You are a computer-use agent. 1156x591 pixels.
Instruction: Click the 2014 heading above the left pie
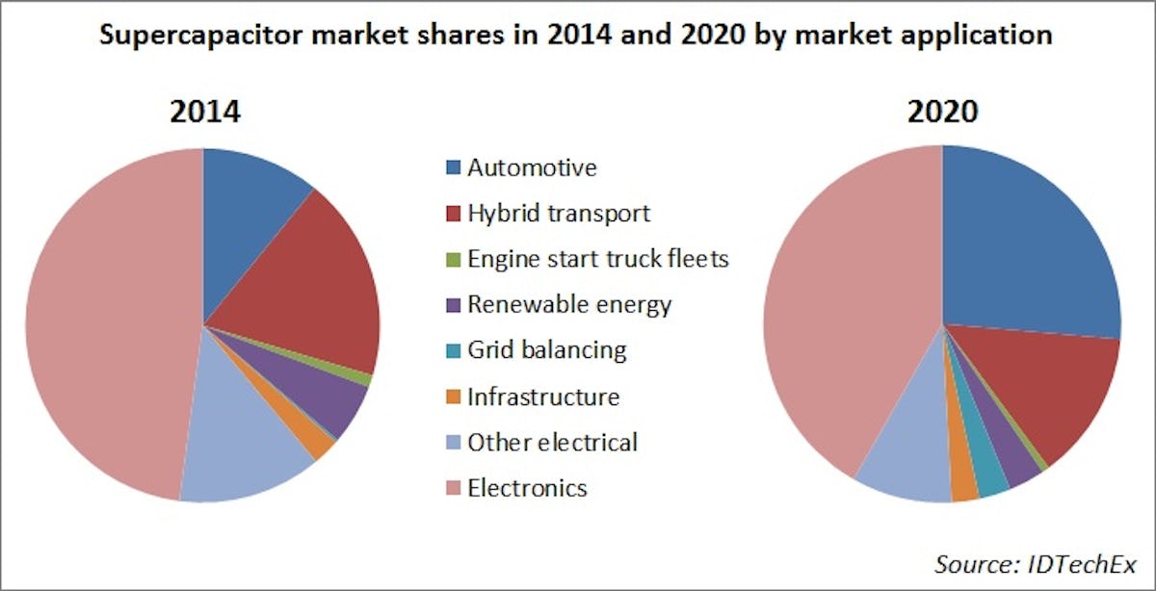(204, 113)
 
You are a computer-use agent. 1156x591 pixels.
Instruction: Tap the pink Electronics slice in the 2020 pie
(848, 308)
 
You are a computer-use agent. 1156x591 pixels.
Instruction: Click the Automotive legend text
(532, 168)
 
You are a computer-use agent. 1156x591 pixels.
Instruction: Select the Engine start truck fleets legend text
(597, 259)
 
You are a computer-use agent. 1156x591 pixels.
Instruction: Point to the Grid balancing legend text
(546, 350)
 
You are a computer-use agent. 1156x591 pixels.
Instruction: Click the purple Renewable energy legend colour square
(453, 306)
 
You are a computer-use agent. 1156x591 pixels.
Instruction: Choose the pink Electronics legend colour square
(453, 489)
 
